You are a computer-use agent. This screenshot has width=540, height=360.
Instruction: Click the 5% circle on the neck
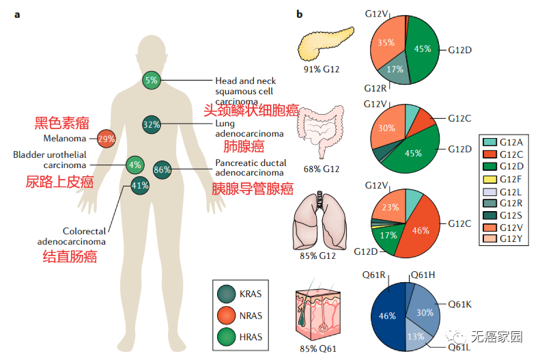tap(151, 80)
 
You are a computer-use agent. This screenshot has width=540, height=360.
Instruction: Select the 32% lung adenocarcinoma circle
tap(151, 124)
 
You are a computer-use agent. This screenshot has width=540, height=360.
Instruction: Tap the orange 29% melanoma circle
tap(106, 139)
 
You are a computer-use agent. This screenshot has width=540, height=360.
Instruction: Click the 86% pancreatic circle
tap(162, 169)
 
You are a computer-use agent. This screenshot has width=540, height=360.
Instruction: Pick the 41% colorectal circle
tap(140, 185)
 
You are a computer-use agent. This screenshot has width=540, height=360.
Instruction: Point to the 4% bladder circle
tap(134, 164)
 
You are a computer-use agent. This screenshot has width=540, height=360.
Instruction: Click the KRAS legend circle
tap(227, 294)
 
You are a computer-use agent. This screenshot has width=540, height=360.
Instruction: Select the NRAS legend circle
tap(227, 315)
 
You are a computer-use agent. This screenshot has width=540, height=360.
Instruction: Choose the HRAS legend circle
tap(227, 336)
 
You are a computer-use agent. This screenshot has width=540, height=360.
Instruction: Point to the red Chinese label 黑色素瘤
tap(62, 124)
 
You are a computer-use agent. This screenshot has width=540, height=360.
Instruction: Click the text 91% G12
tap(322, 70)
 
